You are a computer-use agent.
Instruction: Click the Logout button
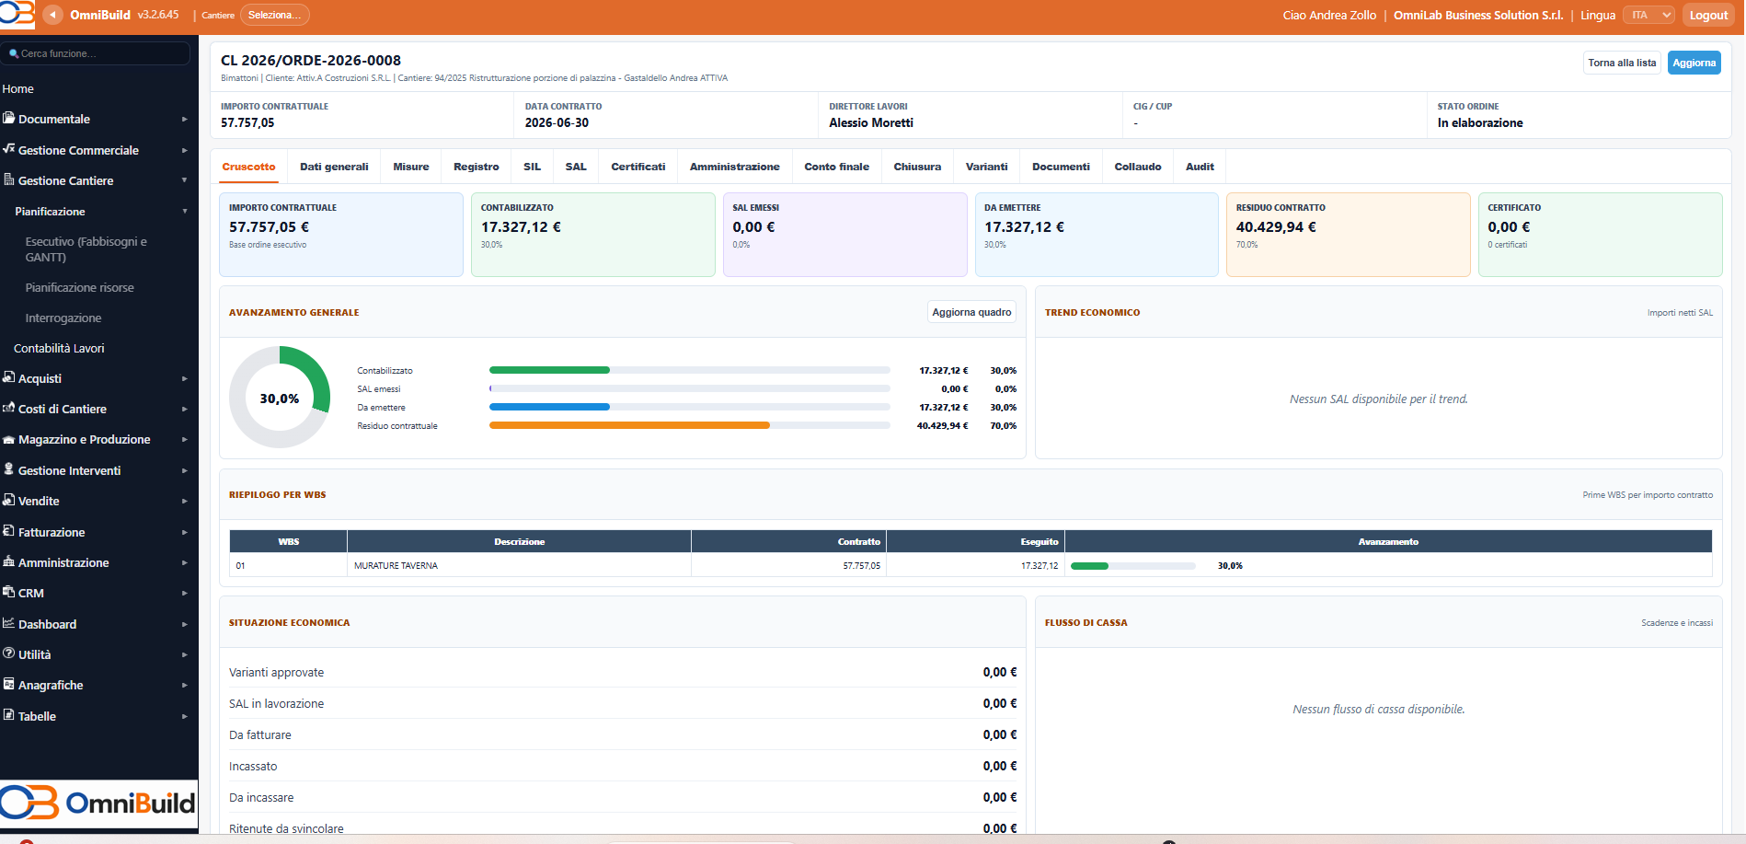pyautogui.click(x=1708, y=15)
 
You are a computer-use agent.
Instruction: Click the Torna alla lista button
pyautogui.click(x=1622, y=63)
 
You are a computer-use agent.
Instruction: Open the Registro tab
pyautogui.click(x=477, y=167)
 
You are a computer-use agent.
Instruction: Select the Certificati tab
pyautogui.click(x=638, y=167)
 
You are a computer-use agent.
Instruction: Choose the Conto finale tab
pyautogui.click(x=836, y=167)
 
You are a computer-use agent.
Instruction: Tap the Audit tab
pyautogui.click(x=1200, y=167)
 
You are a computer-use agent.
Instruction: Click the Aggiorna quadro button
pyautogui.click(x=971, y=312)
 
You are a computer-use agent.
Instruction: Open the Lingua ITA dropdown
pyautogui.click(x=1648, y=15)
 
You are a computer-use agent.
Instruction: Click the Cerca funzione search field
pyautogui.click(x=96, y=53)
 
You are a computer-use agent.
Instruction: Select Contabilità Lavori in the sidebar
pyautogui.click(x=59, y=348)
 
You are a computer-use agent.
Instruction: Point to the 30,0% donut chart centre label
pyautogui.click(x=280, y=399)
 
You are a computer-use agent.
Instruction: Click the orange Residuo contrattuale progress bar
pyautogui.click(x=629, y=425)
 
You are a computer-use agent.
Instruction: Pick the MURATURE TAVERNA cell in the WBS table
pyautogui.click(x=396, y=565)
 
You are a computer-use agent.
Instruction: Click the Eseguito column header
pyautogui.click(x=1040, y=542)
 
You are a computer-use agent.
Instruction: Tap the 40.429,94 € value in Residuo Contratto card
pyautogui.click(x=1276, y=227)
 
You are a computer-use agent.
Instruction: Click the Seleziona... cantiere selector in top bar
pyautogui.click(x=274, y=15)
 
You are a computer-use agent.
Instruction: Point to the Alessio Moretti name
pyautogui.click(x=871, y=122)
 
